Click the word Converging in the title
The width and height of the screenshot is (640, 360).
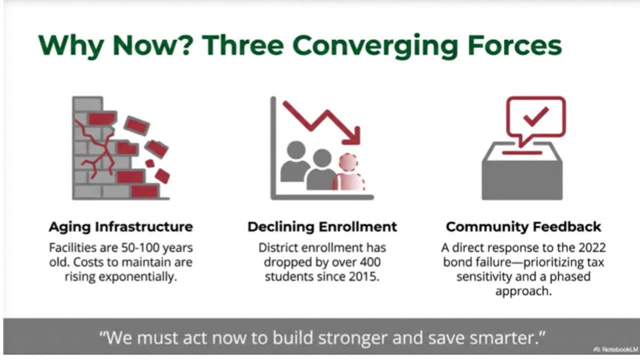point(375,47)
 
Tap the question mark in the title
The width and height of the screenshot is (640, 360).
point(187,45)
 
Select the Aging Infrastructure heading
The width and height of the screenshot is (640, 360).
point(121,227)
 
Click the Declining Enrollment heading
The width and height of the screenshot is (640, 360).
point(322,227)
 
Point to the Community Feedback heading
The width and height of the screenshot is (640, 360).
point(523,227)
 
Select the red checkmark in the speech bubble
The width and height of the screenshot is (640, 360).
point(536,117)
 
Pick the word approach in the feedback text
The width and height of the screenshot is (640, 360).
point(523,291)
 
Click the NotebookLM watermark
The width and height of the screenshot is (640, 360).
point(615,349)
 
